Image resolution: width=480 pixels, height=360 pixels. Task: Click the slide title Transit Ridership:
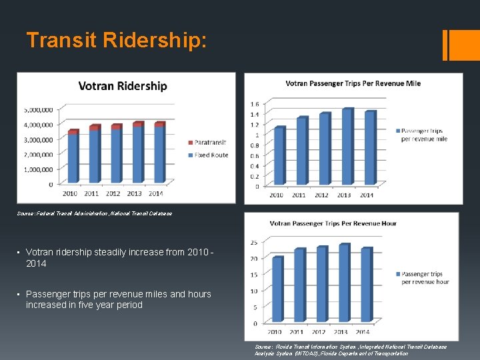pyautogui.click(x=117, y=41)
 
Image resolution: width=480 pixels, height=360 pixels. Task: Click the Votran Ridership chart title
pyautogui.click(x=123, y=86)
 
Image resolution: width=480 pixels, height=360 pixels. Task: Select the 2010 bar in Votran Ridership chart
pyautogui.click(x=73, y=157)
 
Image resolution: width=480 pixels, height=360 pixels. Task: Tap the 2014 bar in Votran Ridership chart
pyautogui.click(x=159, y=153)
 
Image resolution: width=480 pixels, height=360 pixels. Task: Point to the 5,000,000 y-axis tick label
pyautogui.click(x=38, y=110)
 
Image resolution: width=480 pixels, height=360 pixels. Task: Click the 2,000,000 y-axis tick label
pyautogui.click(x=38, y=155)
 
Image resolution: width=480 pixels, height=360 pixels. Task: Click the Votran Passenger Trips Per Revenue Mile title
pyautogui.click(x=353, y=83)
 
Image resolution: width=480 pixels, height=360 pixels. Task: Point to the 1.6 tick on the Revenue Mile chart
pyautogui.click(x=255, y=104)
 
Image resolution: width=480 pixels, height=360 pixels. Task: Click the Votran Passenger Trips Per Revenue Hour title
pyautogui.click(x=333, y=223)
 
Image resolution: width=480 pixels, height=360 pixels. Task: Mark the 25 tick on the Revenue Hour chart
pyautogui.click(x=254, y=242)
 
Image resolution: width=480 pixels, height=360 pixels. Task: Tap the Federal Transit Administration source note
pyautogui.click(x=94, y=213)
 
